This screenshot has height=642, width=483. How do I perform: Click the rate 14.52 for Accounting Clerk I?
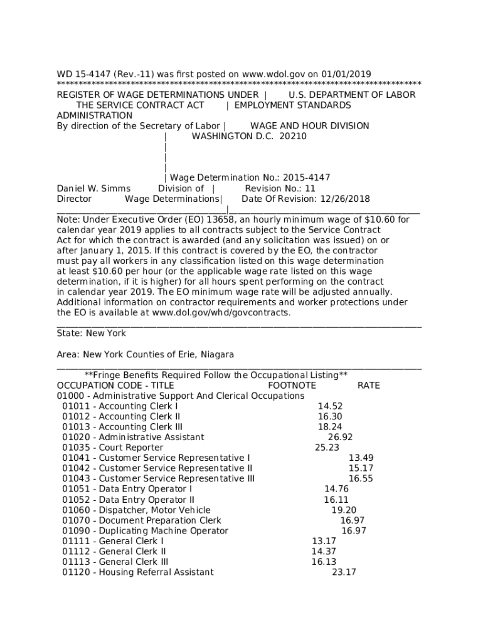[x=330, y=406]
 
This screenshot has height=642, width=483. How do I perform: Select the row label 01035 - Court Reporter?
[x=112, y=448]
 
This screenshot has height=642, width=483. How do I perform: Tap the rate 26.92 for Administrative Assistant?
[x=340, y=437]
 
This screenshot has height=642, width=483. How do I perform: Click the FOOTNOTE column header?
[x=292, y=386]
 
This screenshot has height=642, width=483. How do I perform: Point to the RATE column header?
[x=368, y=386]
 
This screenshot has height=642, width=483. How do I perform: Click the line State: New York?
[x=91, y=334]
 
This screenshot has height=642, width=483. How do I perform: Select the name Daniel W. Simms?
[x=93, y=189]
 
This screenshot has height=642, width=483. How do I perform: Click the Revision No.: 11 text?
[x=280, y=189]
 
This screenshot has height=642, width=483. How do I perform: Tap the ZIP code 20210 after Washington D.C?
[x=293, y=136]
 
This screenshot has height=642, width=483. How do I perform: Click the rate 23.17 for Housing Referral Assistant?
[x=344, y=572]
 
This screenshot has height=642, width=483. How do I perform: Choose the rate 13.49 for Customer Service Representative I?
[x=361, y=458]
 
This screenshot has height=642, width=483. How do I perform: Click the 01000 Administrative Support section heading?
[x=180, y=396]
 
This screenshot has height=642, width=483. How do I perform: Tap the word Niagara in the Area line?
[x=218, y=355]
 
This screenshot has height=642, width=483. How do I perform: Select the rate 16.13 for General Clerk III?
[x=324, y=562]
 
